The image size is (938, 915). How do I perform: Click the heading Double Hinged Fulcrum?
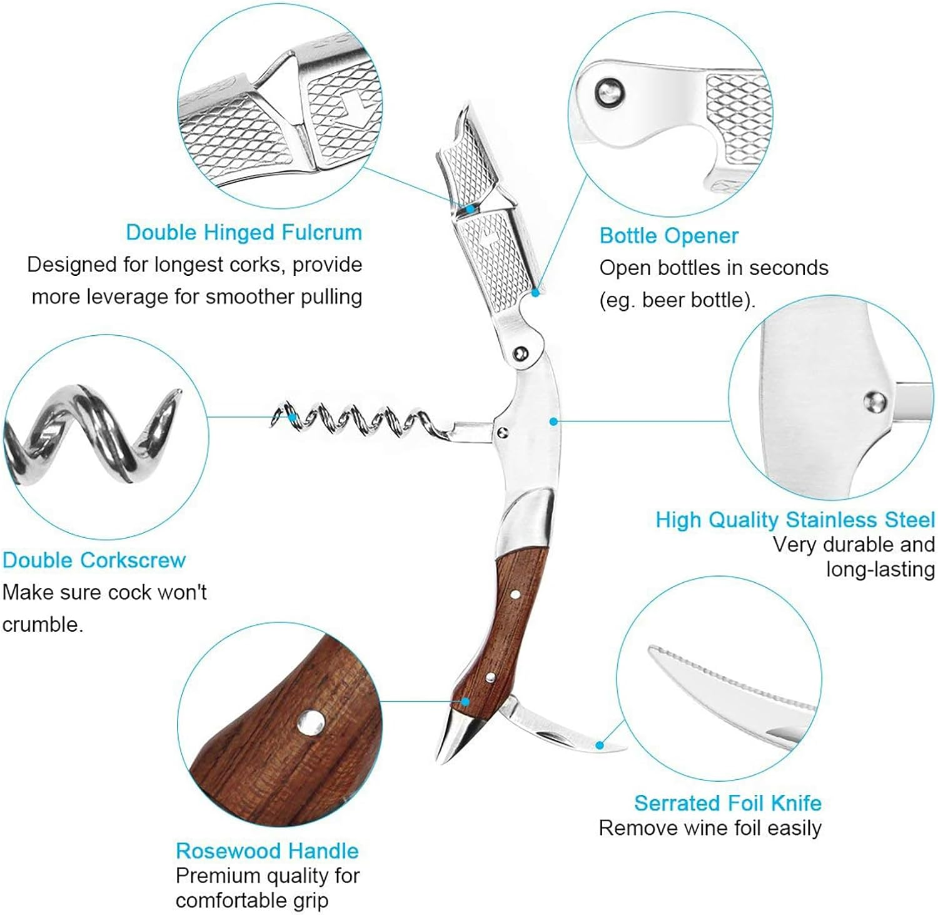pyautogui.click(x=244, y=233)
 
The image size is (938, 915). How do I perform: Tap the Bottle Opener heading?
pyautogui.click(x=668, y=236)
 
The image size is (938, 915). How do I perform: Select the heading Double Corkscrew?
pyautogui.click(x=94, y=560)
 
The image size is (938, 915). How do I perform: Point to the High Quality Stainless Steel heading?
pyautogui.click(x=795, y=520)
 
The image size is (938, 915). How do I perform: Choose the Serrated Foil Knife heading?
pyautogui.click(x=728, y=802)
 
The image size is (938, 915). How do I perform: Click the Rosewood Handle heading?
pyautogui.click(x=267, y=851)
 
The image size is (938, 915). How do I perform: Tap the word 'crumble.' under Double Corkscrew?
pyautogui.click(x=43, y=624)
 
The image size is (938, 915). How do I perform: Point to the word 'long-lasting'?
pyautogui.click(x=880, y=569)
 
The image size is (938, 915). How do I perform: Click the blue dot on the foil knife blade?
pyautogui.click(x=599, y=745)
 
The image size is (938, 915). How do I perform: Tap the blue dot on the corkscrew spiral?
pyautogui.click(x=291, y=417)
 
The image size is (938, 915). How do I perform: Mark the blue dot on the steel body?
pyautogui.click(x=553, y=422)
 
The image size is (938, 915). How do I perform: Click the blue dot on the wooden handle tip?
pyautogui.click(x=465, y=702)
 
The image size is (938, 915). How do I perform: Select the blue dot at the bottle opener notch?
pyautogui.click(x=535, y=292)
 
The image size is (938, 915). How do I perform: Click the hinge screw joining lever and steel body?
pyautogui.click(x=520, y=355)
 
